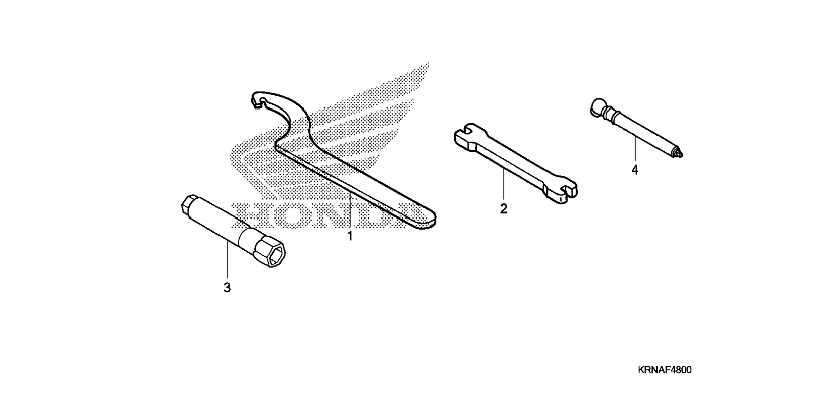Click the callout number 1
click(350, 236)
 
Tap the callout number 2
click(503, 209)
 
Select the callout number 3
click(227, 288)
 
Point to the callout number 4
click(635, 170)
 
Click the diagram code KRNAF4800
click(664, 370)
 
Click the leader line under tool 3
click(227, 261)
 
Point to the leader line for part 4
click(635, 148)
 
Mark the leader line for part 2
click(503, 184)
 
